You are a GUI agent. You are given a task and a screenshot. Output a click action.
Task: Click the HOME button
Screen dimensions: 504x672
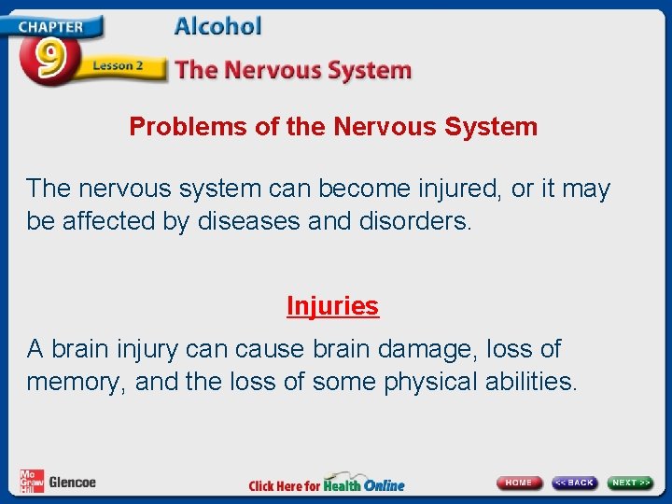point(519,483)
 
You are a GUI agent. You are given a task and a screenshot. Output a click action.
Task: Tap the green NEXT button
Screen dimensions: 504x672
point(631,483)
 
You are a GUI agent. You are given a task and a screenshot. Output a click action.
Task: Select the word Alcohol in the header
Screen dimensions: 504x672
point(218,27)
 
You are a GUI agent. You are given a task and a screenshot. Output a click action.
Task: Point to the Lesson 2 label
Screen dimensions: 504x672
point(118,67)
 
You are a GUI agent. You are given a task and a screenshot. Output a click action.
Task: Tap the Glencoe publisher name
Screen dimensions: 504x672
point(72,483)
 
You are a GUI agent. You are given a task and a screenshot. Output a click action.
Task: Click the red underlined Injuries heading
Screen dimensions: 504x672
point(332,306)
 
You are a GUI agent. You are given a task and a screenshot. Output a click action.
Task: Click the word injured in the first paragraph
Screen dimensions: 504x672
point(449,189)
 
